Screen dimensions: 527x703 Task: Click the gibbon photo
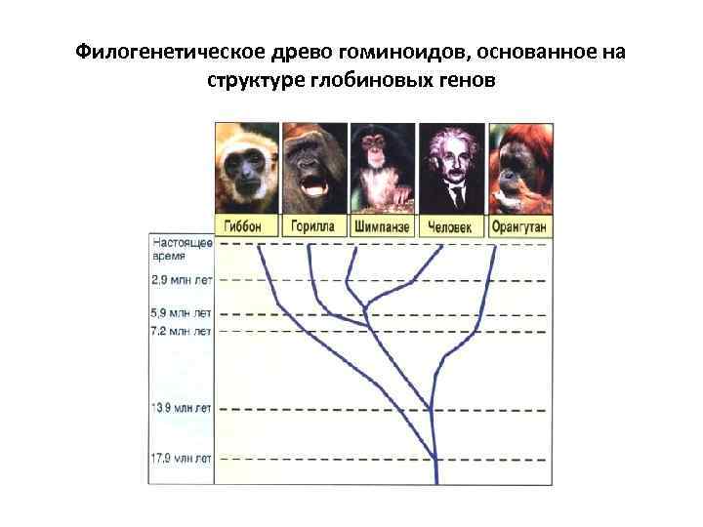click(x=246, y=166)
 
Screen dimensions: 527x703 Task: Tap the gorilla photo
click(x=313, y=166)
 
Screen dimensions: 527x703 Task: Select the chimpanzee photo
click(x=382, y=166)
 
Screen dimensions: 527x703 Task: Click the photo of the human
click(x=450, y=166)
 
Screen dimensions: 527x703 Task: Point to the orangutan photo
click(x=518, y=166)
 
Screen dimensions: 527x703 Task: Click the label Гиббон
click(x=246, y=226)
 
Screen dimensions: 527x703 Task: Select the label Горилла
click(x=313, y=226)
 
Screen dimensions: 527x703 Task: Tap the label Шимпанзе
click(x=382, y=226)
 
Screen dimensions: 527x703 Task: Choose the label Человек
click(x=450, y=226)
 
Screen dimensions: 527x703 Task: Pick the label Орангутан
click(x=518, y=226)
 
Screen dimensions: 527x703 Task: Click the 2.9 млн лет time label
click(x=182, y=280)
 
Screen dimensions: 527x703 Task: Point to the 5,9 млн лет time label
click(x=182, y=314)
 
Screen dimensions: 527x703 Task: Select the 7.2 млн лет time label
click(x=182, y=332)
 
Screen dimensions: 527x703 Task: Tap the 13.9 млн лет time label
click(x=182, y=406)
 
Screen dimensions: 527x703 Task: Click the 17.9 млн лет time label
click(x=182, y=457)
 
